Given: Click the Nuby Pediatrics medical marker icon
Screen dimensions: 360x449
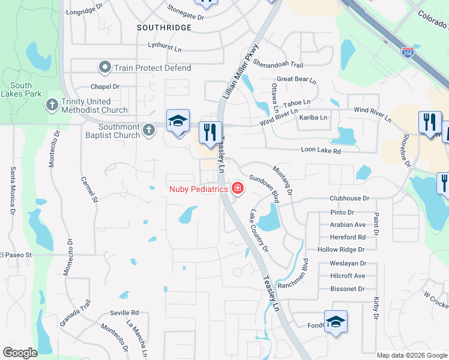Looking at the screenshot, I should coord(238,189).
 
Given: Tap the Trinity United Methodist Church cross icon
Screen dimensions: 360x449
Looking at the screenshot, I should coord(52,106).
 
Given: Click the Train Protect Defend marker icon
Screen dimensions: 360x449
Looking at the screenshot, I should coord(106,68).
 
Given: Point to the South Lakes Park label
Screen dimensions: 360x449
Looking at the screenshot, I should coord(22,90).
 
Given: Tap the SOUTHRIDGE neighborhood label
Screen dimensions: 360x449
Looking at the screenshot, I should coord(164,28).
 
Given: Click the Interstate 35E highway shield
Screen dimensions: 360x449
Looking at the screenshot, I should coord(408,52).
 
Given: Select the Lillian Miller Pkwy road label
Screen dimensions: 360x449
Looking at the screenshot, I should coord(243,65).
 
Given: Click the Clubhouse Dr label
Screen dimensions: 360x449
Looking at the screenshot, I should coord(349,198).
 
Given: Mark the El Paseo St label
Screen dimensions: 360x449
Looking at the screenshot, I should coord(23,254).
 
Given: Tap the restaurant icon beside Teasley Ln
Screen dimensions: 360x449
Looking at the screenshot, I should coord(210,134).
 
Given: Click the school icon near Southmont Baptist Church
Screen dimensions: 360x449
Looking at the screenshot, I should coord(178,122).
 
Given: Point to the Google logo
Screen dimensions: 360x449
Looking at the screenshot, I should coord(20,353).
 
